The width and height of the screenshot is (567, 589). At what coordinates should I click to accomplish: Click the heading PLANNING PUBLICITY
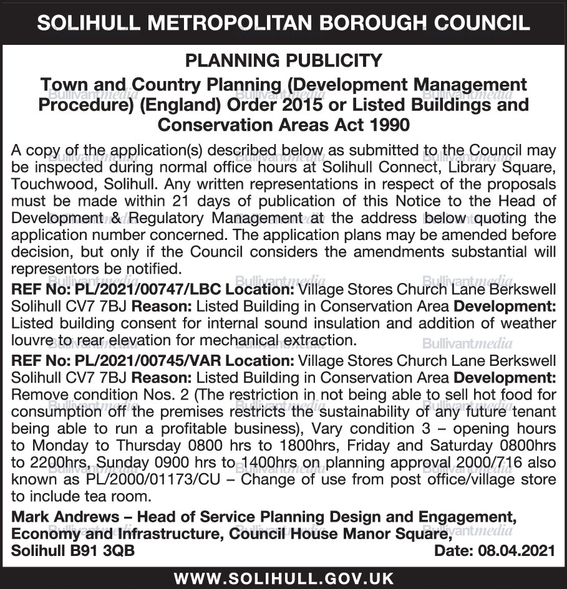tap(284, 60)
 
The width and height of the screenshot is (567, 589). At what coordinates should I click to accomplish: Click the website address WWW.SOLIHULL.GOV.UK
tap(284, 578)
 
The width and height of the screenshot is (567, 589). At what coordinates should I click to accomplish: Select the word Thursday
tap(138, 445)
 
